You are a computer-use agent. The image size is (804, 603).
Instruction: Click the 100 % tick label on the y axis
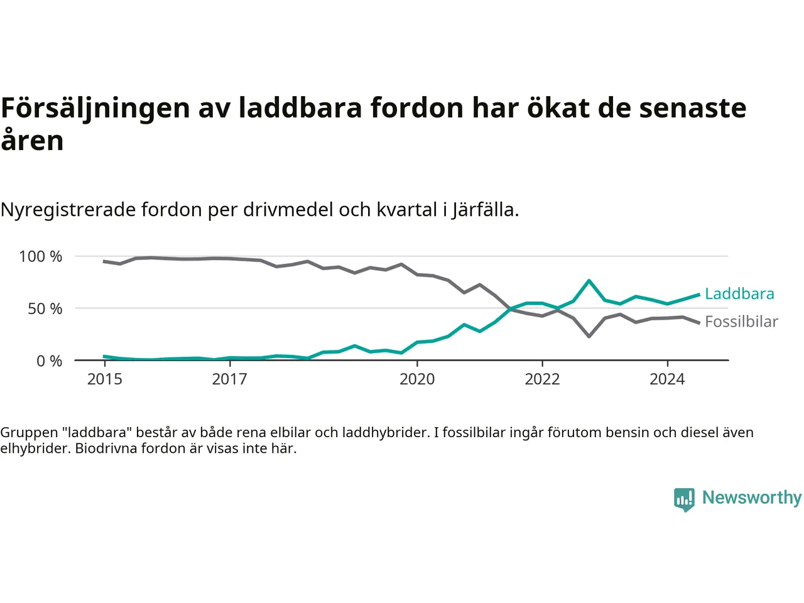point(41,256)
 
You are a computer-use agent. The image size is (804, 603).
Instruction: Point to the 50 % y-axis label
point(45,308)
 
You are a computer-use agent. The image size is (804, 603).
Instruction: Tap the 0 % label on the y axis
point(49,361)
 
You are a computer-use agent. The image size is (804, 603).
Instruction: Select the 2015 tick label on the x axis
point(105,379)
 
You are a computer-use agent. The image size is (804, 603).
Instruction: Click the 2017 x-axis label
point(230,379)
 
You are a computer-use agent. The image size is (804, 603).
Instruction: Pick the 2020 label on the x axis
point(417,379)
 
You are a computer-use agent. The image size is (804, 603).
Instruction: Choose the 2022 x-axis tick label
point(542,379)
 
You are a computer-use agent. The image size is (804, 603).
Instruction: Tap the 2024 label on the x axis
point(667,379)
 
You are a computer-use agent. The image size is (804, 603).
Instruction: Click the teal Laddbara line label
point(739,293)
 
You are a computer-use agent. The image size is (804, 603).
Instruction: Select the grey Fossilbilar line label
point(741,322)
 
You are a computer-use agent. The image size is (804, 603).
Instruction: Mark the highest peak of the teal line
point(589,281)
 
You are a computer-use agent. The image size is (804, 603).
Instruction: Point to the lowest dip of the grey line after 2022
point(589,337)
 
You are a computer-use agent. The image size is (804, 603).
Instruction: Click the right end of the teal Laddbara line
point(698,295)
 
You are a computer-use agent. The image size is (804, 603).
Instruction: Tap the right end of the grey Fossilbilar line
point(698,323)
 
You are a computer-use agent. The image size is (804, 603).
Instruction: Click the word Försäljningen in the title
point(95,108)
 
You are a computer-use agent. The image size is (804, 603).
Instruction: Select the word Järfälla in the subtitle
point(485,209)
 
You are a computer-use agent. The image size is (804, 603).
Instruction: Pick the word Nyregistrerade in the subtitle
point(68,209)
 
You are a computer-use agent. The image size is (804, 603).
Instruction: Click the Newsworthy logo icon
point(684,499)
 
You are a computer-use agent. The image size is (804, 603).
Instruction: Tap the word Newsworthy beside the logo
point(752,497)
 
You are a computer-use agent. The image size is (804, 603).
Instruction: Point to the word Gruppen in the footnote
point(29,433)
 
